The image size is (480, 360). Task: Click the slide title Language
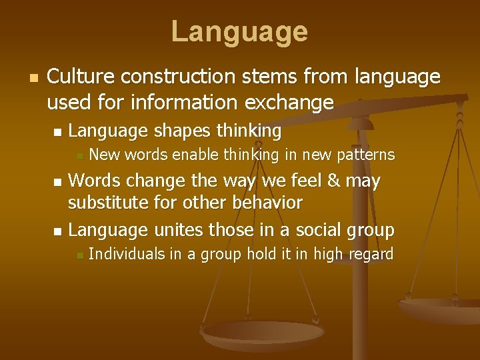(x=239, y=31)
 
